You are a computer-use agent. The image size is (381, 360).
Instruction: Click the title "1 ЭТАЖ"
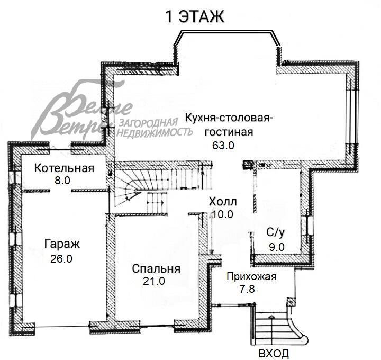click(195, 16)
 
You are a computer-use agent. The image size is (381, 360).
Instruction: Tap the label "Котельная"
click(64, 169)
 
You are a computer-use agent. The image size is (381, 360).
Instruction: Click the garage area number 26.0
click(61, 259)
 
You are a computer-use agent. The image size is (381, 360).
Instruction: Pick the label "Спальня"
click(156, 269)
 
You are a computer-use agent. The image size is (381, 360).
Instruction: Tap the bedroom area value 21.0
click(154, 282)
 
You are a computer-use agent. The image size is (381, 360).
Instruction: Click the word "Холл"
click(223, 202)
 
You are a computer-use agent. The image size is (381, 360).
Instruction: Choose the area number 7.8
click(248, 289)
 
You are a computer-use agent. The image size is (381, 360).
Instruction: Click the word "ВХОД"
click(274, 353)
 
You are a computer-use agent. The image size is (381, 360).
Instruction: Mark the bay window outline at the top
click(228, 33)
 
